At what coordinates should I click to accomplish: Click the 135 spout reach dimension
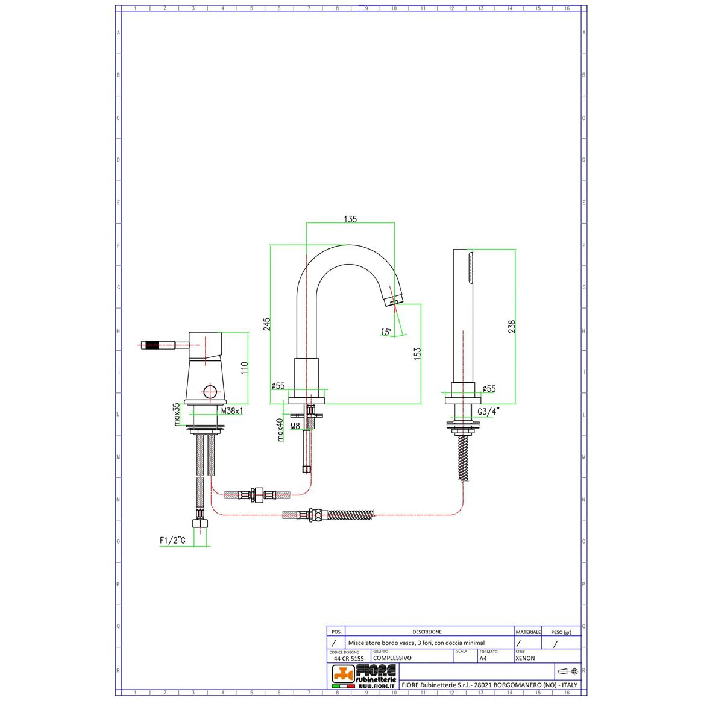tap(350, 219)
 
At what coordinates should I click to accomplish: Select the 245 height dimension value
tap(267, 324)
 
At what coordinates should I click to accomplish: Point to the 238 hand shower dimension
tap(512, 326)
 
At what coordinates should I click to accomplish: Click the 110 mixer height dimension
tap(244, 368)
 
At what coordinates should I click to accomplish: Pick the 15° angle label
tap(386, 332)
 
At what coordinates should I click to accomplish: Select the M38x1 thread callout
tap(231, 410)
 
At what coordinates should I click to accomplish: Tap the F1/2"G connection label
tap(172, 540)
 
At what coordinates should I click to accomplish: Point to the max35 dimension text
tap(177, 415)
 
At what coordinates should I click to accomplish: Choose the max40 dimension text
tap(280, 430)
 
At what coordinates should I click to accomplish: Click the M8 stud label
tap(295, 426)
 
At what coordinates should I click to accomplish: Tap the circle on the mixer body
tap(209, 392)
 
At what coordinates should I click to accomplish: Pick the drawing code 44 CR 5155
tap(348, 658)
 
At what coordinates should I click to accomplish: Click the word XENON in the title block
tap(525, 658)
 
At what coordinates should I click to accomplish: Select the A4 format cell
tap(483, 658)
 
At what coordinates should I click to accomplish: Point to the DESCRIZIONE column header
tap(427, 632)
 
